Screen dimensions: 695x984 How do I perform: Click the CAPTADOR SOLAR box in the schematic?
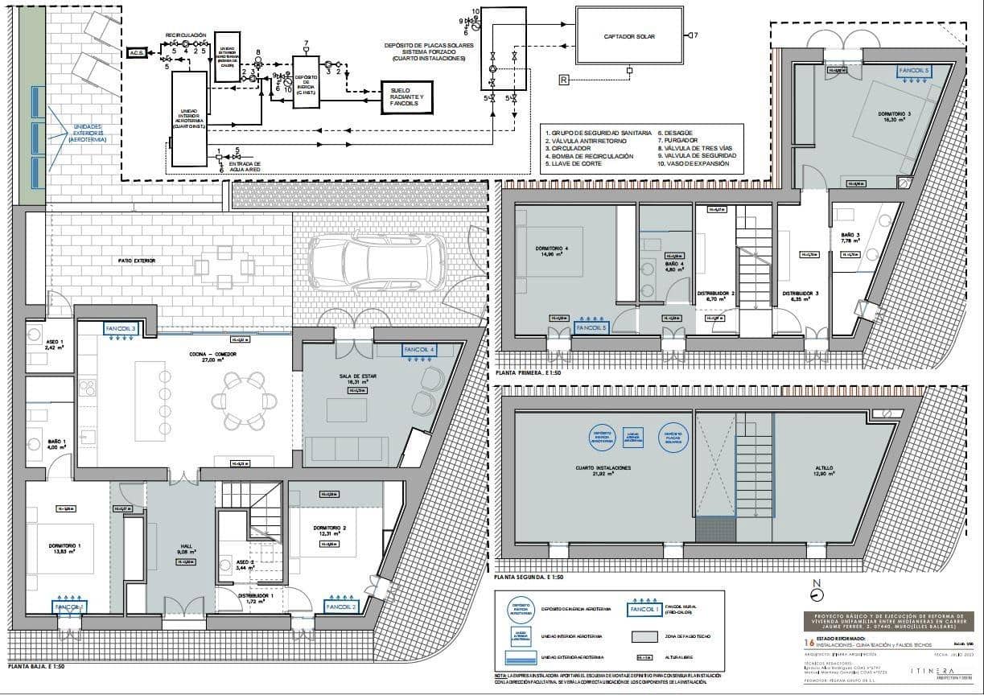(x=629, y=35)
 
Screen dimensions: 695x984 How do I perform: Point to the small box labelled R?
(x=563, y=79)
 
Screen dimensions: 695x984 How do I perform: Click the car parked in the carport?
(x=378, y=261)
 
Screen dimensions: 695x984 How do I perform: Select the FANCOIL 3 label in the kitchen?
(x=121, y=329)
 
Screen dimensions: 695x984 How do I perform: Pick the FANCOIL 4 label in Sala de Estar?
(x=420, y=350)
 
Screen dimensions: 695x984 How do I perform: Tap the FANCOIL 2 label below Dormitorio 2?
(x=343, y=607)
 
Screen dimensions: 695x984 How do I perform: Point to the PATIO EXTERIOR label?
(x=135, y=261)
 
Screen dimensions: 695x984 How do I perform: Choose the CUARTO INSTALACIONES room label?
(x=597, y=467)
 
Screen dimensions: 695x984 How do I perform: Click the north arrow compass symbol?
(x=817, y=594)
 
